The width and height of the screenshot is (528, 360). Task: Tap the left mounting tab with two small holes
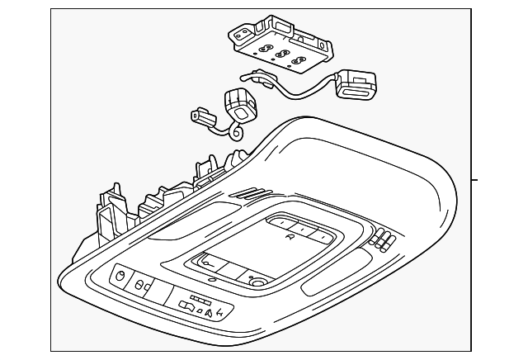[x=240, y=36]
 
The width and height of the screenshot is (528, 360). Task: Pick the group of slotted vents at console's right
[x=382, y=240]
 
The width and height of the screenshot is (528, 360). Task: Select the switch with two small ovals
[x=142, y=287]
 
